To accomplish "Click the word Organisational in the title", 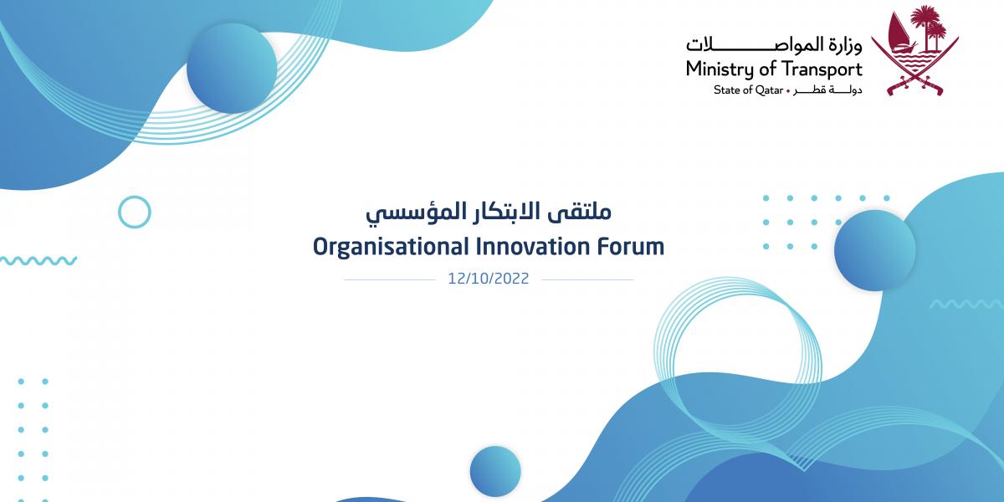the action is (x=391, y=248).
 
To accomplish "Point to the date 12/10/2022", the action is (x=489, y=279).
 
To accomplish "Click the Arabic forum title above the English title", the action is (x=489, y=213).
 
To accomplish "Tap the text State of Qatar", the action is (x=748, y=90).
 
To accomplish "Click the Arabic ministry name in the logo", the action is (x=774, y=45).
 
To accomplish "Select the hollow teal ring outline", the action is (x=135, y=197).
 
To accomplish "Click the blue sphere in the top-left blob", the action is (x=232, y=68).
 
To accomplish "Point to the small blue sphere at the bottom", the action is (x=495, y=471).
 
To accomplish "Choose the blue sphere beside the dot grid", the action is (x=874, y=250).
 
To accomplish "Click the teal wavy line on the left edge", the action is (x=38, y=260).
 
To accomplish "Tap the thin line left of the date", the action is (x=390, y=279).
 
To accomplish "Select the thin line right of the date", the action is (x=588, y=279).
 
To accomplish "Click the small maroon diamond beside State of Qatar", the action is (x=788, y=91).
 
